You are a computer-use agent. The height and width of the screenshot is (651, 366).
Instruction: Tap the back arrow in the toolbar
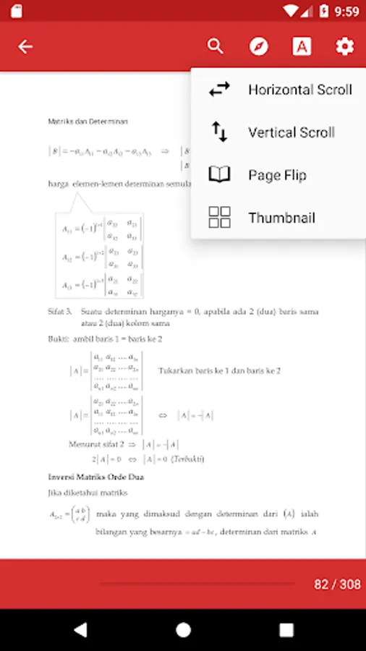25,47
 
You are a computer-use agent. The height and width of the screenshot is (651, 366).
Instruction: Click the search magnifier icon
215,46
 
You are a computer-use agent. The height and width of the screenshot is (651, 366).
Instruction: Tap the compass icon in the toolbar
258,46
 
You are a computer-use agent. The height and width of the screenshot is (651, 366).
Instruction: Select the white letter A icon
302,46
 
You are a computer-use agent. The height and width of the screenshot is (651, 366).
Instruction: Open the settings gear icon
345,46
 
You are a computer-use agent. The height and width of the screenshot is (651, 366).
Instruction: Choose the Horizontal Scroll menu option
299,90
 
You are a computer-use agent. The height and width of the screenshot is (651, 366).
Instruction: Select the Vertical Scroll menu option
291,132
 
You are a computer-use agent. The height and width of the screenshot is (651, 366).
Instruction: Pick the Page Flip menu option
277,175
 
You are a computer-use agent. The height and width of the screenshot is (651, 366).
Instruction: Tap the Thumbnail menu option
281,218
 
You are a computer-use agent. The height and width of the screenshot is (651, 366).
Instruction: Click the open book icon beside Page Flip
219,175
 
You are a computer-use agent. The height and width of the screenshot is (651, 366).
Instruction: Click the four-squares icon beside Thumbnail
219,218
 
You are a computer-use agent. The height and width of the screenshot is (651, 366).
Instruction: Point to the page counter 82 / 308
337,584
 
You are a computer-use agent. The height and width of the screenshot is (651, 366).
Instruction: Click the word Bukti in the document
58,339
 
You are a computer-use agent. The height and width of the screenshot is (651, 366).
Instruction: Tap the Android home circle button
183,629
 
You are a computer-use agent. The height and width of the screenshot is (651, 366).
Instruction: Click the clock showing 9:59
346,11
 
